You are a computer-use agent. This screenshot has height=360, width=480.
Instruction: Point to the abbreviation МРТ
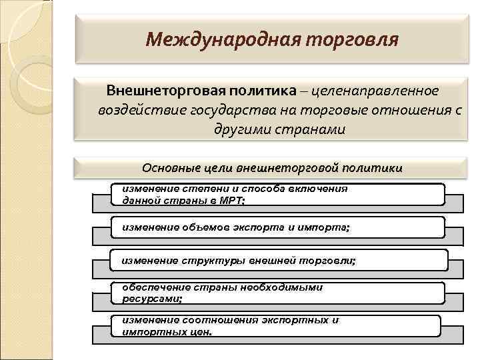tap(233, 199)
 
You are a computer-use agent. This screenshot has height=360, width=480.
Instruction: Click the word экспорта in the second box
tap(263, 228)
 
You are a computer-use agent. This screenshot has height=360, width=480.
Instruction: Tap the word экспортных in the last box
tap(291, 320)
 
